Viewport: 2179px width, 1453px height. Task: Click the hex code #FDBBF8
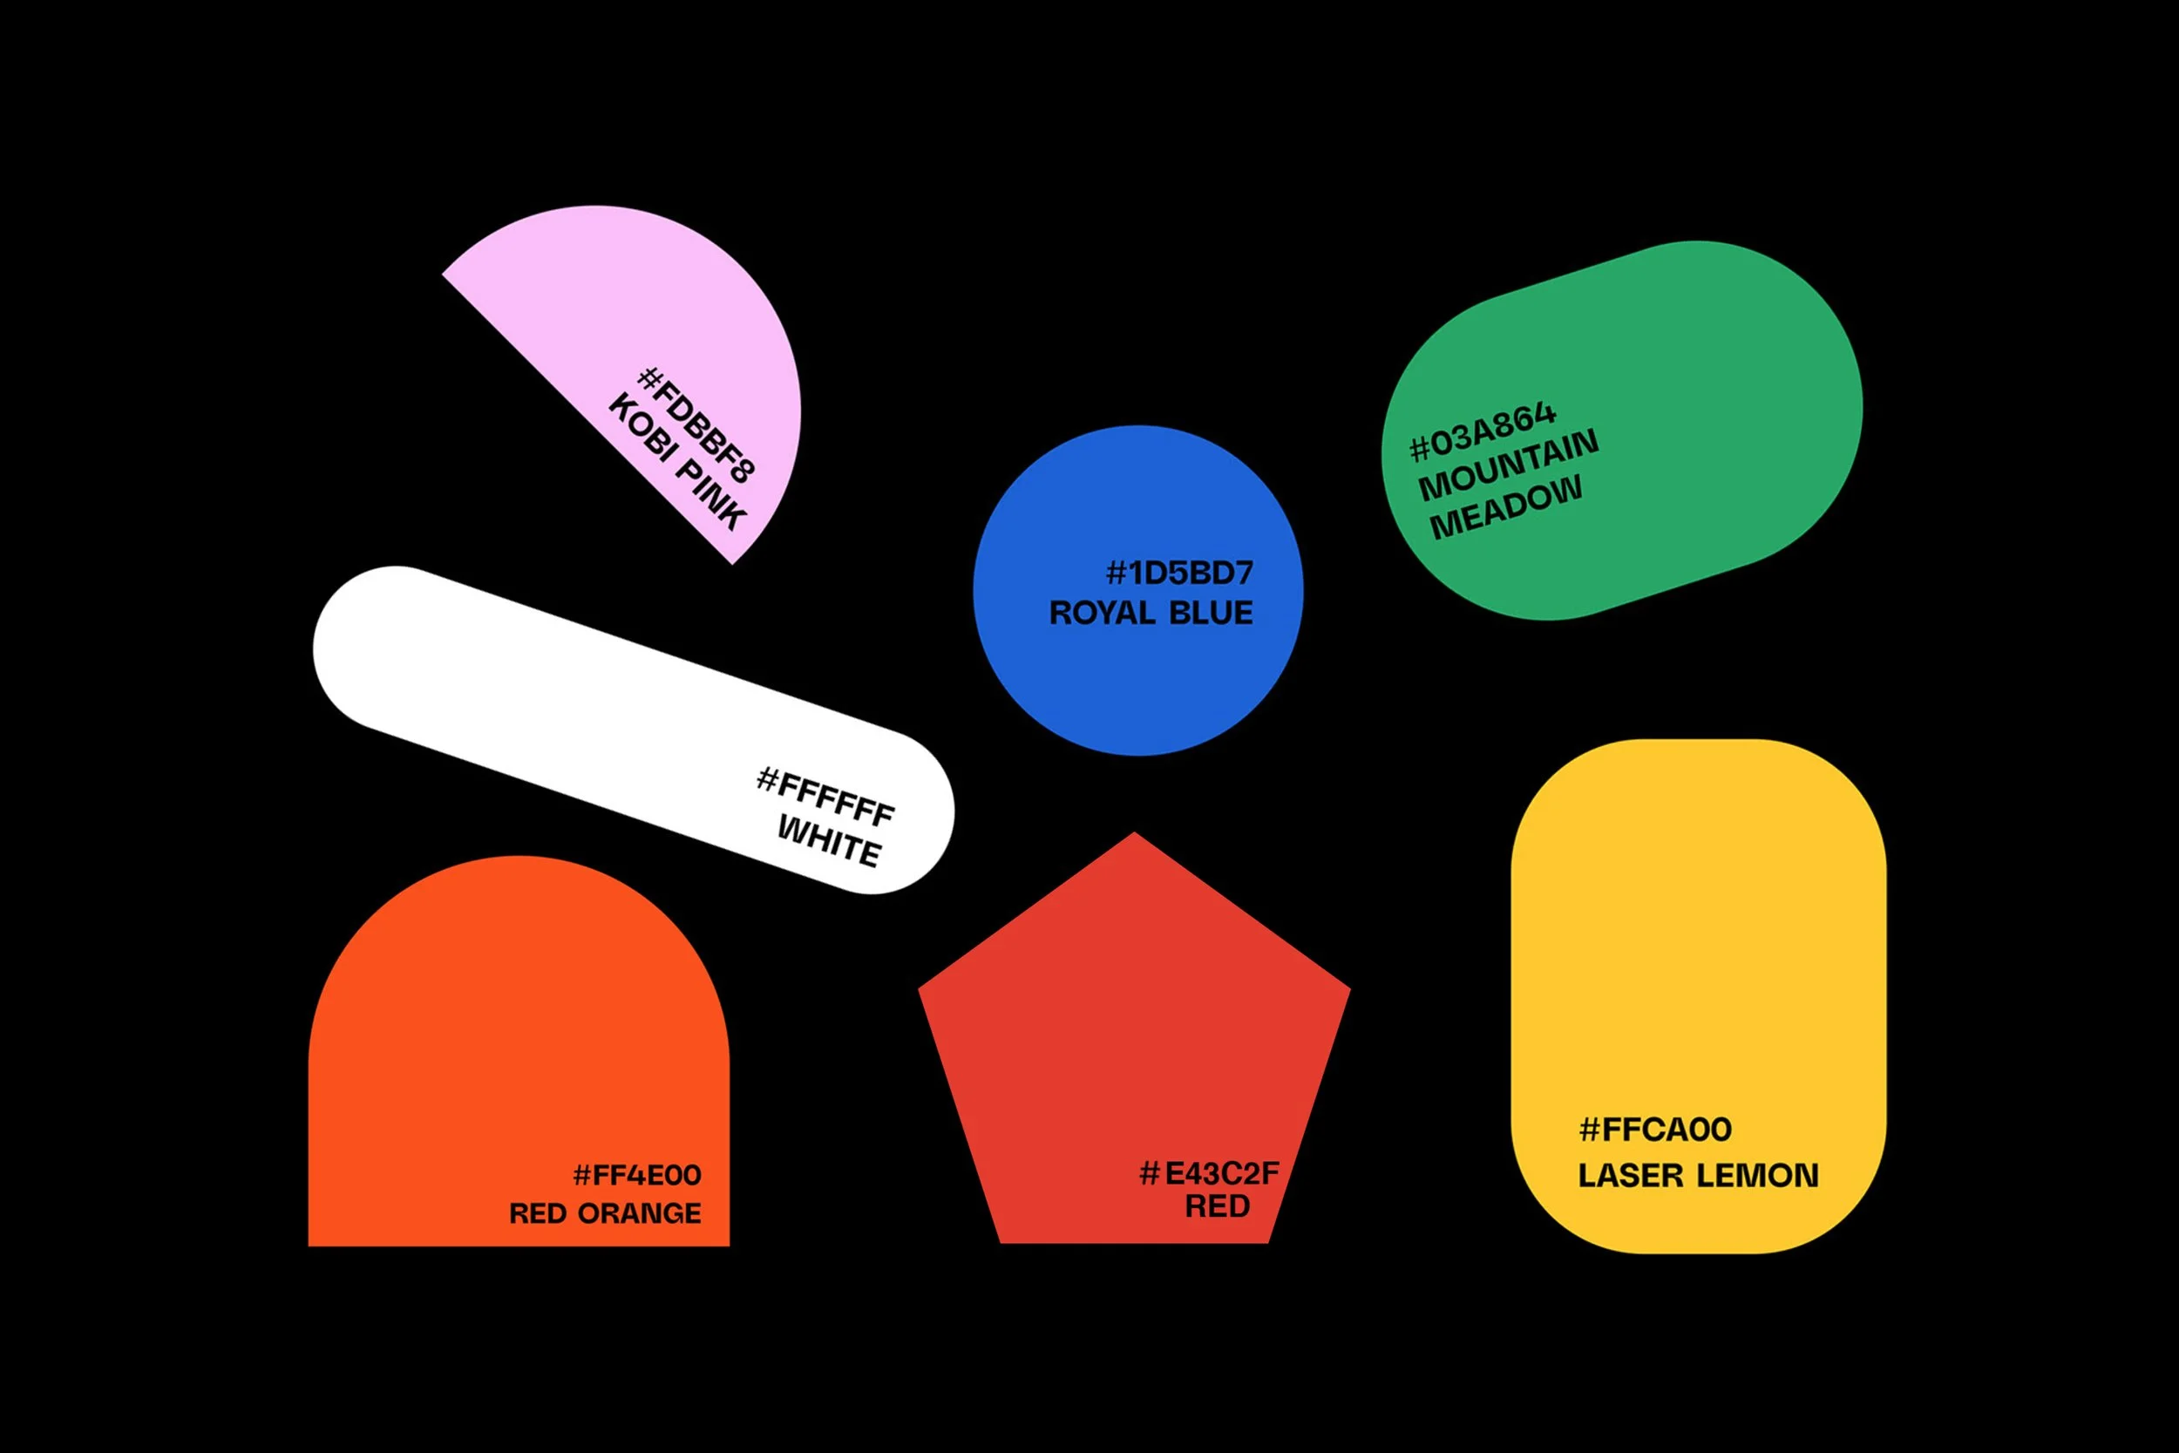(696, 425)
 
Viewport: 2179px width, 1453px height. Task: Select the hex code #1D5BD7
(1179, 573)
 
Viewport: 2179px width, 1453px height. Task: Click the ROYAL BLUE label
(1151, 613)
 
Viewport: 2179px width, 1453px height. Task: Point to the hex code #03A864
(1483, 431)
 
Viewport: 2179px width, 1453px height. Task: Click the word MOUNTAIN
(1508, 465)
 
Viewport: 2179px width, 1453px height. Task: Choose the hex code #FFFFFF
(825, 796)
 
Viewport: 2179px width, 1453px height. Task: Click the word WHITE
(829, 840)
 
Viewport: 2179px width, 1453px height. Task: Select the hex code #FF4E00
(637, 1175)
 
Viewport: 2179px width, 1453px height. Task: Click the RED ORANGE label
(605, 1213)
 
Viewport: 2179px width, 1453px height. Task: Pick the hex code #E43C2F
(1209, 1173)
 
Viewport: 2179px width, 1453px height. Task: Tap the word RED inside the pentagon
(1218, 1205)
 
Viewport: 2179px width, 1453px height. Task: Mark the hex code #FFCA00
(1654, 1130)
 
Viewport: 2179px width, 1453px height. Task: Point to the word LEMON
(1758, 1175)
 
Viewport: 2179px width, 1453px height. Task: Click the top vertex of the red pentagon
(1134, 833)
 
